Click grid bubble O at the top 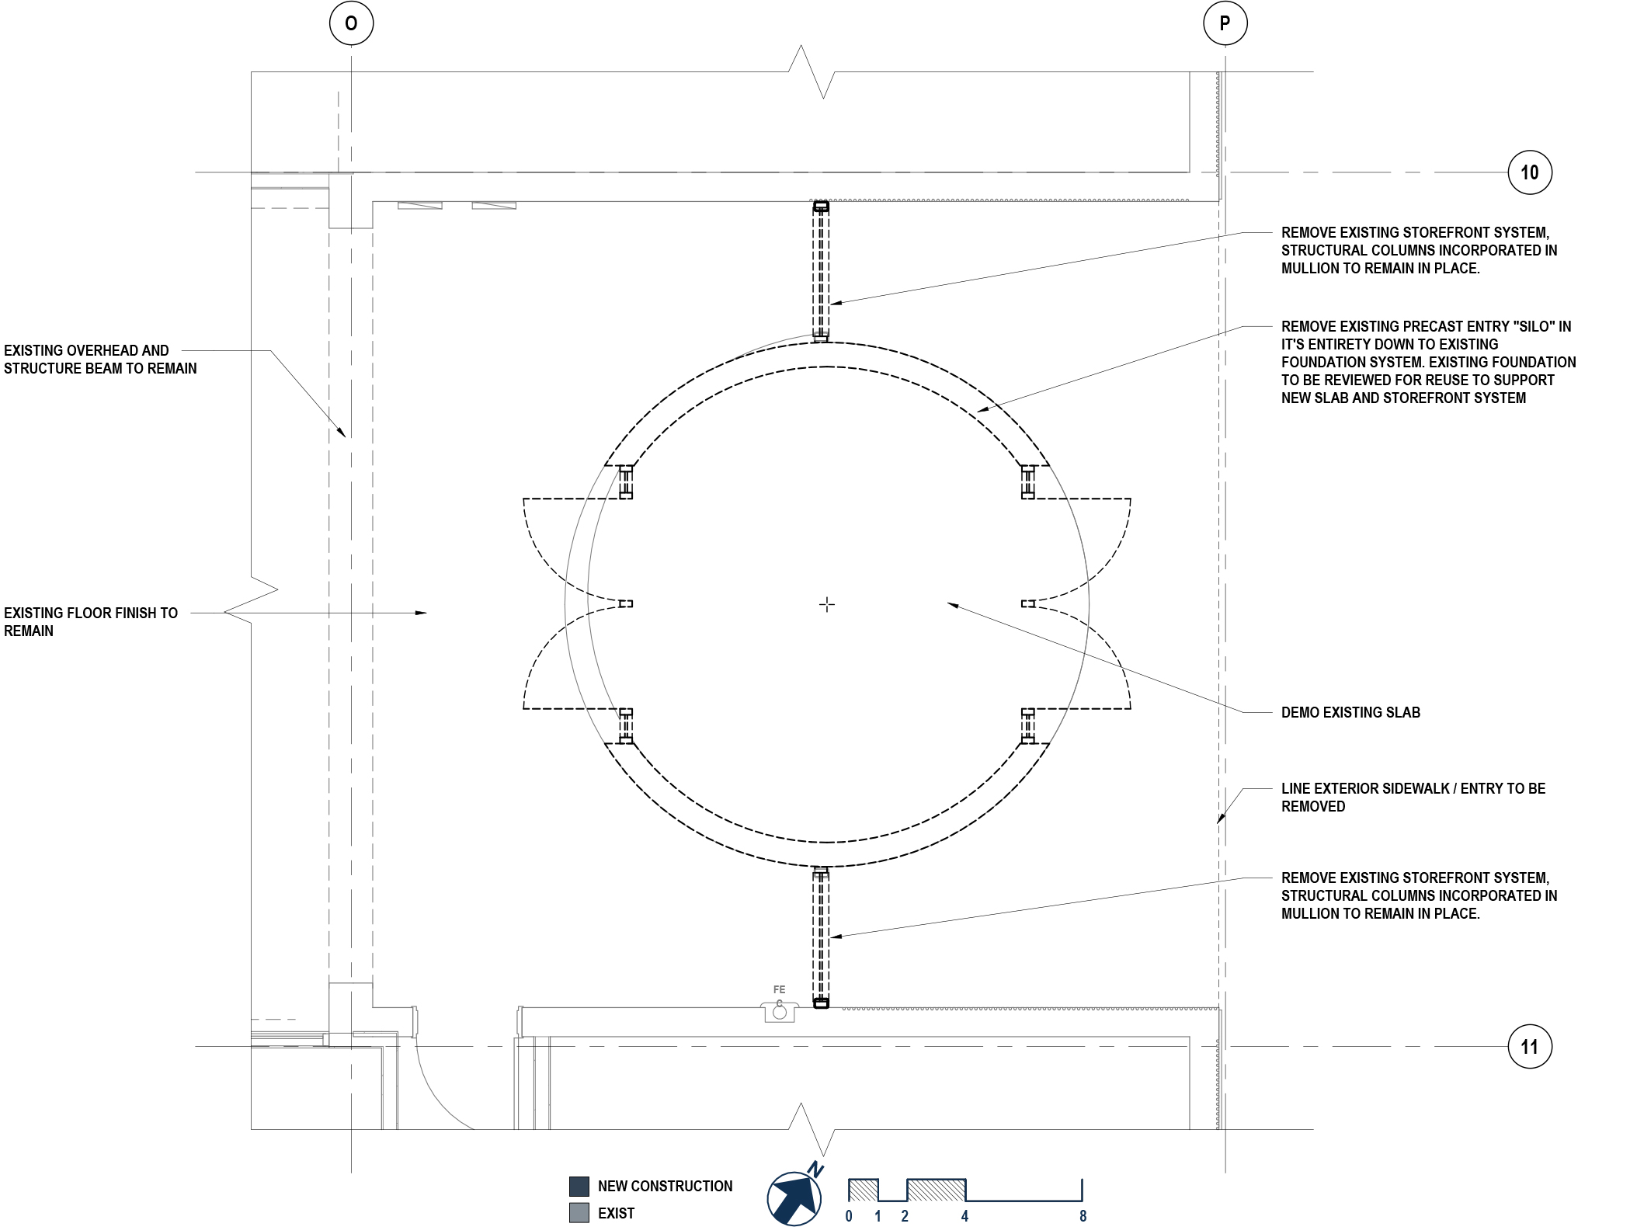coord(351,23)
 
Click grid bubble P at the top coord(1225,23)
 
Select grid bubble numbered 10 coord(1529,172)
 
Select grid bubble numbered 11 coord(1529,1047)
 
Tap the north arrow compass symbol coord(794,1198)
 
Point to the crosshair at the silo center coord(827,604)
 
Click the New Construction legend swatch coord(579,1186)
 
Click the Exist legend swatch coord(579,1213)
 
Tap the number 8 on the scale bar coord(1083,1216)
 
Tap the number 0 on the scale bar coord(849,1216)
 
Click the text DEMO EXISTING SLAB coord(1350,712)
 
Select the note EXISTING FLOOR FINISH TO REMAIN coord(90,621)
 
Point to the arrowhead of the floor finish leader coord(422,613)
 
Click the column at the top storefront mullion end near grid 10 coord(821,207)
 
